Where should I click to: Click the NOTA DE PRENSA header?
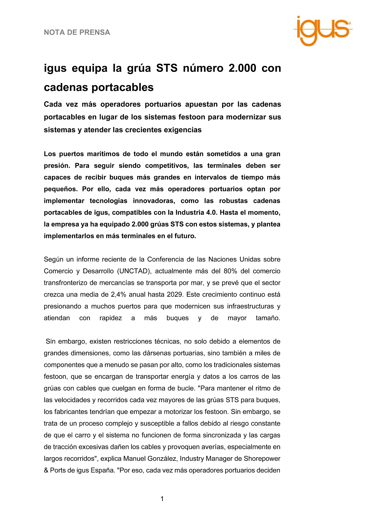77,32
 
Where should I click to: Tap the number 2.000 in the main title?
242,68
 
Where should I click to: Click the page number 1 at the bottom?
162,499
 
